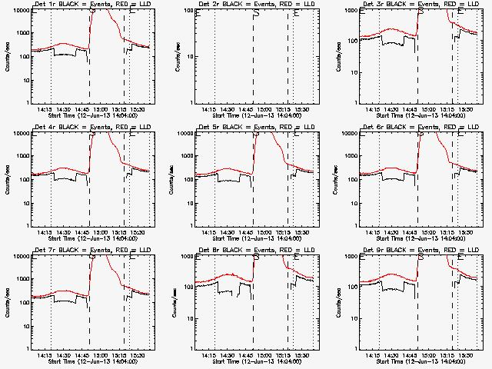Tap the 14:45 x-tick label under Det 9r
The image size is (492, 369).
[x=412, y=355]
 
